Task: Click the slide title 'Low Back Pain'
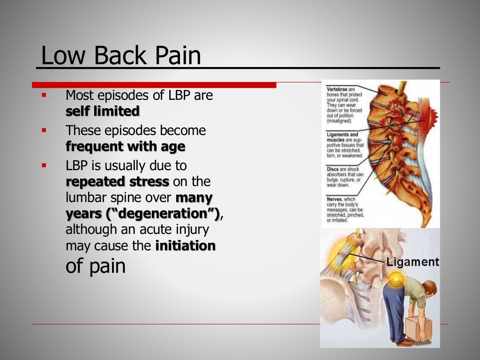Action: point(121,56)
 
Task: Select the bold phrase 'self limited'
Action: point(103,112)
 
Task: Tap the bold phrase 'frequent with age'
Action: point(125,147)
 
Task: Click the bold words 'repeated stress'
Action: point(117,181)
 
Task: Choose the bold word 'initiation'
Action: point(185,246)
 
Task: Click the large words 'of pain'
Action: point(96,266)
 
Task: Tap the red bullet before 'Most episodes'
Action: point(44,95)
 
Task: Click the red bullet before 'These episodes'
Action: point(44,130)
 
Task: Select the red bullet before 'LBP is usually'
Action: point(44,165)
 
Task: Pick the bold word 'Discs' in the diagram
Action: point(333,169)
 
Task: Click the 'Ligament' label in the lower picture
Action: point(412,262)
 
